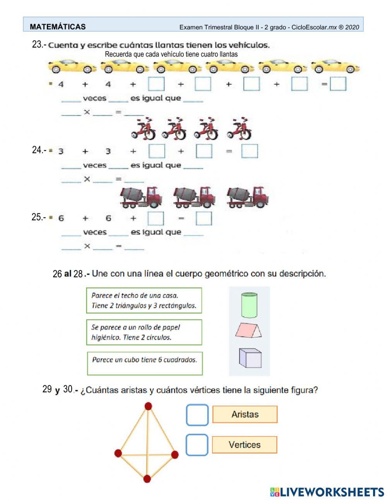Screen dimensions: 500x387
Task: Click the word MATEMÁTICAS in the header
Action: (58, 27)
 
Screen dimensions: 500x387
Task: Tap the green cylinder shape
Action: (249, 305)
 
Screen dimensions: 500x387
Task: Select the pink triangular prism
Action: (248, 330)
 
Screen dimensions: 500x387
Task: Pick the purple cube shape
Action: (250, 357)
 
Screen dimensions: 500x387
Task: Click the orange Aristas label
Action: (245, 414)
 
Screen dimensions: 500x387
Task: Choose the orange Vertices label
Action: (244, 445)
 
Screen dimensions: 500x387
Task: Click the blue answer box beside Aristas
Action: (197, 415)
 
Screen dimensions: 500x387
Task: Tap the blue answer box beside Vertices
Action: (197, 445)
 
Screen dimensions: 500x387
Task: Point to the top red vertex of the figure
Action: (148, 406)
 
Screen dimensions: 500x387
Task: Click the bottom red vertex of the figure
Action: (147, 479)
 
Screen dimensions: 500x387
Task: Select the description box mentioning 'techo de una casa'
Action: (144, 301)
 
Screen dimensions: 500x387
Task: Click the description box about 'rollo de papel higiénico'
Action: (144, 332)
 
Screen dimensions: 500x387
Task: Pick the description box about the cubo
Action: (144, 363)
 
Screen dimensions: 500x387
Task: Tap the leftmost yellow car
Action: (72, 66)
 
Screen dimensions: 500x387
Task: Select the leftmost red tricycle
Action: (144, 129)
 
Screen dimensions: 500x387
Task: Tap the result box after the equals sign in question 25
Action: (204, 218)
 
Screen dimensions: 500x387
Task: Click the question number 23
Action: (38, 45)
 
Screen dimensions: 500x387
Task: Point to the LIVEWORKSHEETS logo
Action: (327, 492)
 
